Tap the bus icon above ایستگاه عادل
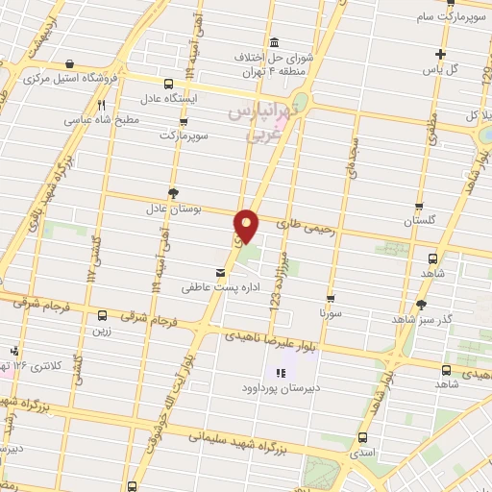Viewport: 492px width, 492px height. click(x=169, y=83)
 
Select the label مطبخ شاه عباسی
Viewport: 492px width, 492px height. click(x=102, y=121)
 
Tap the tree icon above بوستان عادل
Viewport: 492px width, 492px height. click(x=173, y=191)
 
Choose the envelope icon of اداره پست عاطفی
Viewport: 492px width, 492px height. click(x=223, y=273)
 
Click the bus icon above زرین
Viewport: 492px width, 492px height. click(x=103, y=315)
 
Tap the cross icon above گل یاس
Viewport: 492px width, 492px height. click(x=441, y=55)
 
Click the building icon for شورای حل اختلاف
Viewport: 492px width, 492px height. click(x=275, y=43)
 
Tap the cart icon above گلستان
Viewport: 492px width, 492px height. click(x=420, y=206)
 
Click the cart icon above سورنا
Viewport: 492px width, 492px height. click(x=331, y=299)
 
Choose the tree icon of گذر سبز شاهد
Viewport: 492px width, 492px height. click(x=420, y=305)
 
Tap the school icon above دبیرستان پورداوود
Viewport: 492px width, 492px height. click(x=281, y=373)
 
